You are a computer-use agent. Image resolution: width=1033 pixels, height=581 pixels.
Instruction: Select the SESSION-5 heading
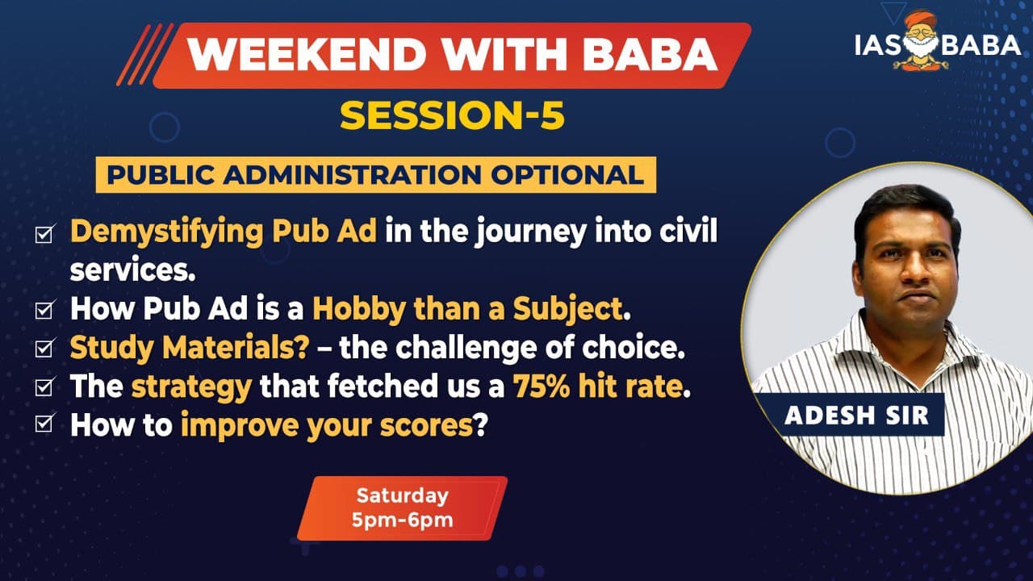pos(453,115)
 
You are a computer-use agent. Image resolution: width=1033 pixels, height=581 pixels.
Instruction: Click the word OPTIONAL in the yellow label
pos(567,175)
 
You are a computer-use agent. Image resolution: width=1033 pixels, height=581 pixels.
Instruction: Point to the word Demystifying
pos(166,232)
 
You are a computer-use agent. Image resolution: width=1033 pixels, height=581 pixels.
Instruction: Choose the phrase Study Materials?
pos(189,348)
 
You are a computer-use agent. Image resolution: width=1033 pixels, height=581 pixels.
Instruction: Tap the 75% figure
pos(541,386)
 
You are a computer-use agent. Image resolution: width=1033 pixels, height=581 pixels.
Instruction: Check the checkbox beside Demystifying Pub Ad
pos(44,233)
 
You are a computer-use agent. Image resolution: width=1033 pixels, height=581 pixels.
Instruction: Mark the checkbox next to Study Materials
pos(44,348)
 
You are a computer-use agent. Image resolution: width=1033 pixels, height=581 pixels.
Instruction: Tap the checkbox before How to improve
pos(44,423)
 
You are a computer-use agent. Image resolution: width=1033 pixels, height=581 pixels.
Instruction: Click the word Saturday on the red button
pos(402,496)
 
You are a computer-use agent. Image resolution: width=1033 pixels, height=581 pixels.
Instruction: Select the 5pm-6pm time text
pos(402,520)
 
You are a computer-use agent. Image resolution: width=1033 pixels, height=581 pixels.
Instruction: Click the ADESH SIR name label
pos(856,415)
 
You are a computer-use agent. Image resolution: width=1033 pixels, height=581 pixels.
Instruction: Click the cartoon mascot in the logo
pos(921,40)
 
